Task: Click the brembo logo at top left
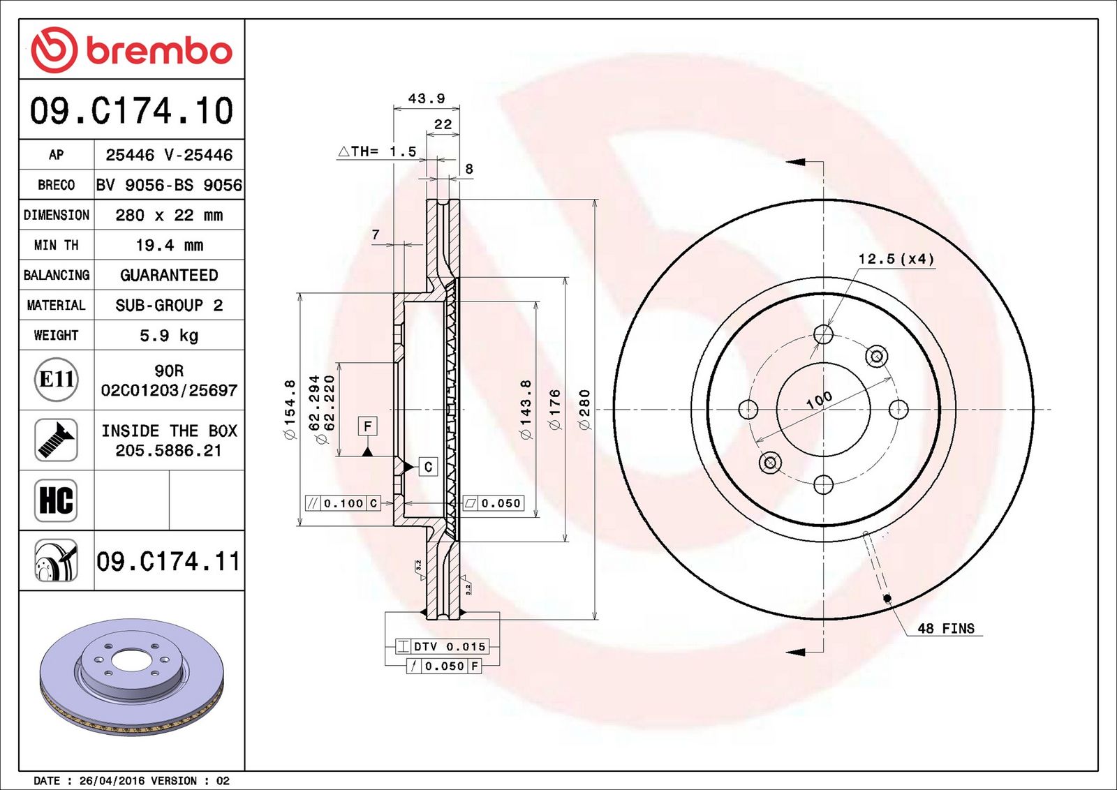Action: pos(132,50)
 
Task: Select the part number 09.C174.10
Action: pos(132,110)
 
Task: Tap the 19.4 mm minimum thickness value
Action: pos(170,245)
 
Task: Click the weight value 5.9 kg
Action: pos(169,336)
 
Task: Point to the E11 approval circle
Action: pos(57,380)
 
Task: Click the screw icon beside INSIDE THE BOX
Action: pos(56,440)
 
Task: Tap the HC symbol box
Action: pos(56,500)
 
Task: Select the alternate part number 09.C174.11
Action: pos(168,561)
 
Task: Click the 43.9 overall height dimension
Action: pos(427,98)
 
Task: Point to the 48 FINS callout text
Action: pos(946,628)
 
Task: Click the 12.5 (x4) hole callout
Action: pos(896,259)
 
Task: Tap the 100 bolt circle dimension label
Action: pos(820,399)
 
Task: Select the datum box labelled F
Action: pos(367,426)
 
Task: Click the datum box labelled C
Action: pos(428,467)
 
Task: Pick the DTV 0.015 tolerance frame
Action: pos(443,646)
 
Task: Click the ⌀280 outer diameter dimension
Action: pos(584,409)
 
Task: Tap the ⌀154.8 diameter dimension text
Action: pos(290,409)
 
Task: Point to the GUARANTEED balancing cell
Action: pos(169,275)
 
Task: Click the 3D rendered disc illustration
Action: pos(132,677)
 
